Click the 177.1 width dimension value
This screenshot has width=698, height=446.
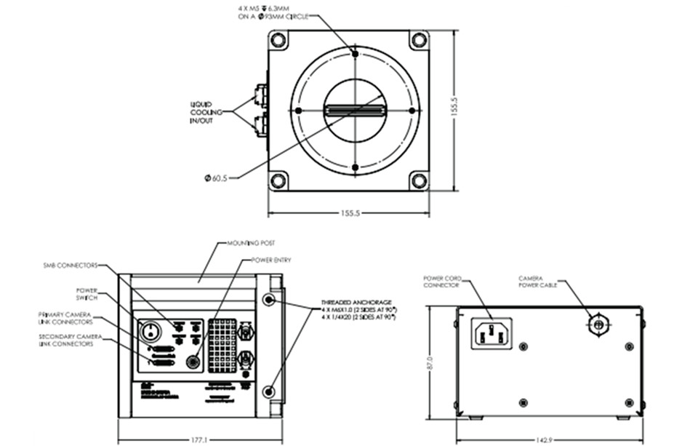point(200,439)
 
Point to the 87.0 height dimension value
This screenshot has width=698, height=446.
point(430,361)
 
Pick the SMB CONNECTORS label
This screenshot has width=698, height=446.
point(70,266)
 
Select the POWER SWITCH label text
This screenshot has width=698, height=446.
point(87,293)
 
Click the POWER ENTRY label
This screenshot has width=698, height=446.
point(271,260)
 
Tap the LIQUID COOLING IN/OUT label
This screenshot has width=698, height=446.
point(201,114)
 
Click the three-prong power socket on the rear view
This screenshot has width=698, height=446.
point(491,333)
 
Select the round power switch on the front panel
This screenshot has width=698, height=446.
point(150,332)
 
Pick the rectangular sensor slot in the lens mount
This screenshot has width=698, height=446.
point(354,111)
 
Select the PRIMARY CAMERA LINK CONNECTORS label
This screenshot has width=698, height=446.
point(65,318)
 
